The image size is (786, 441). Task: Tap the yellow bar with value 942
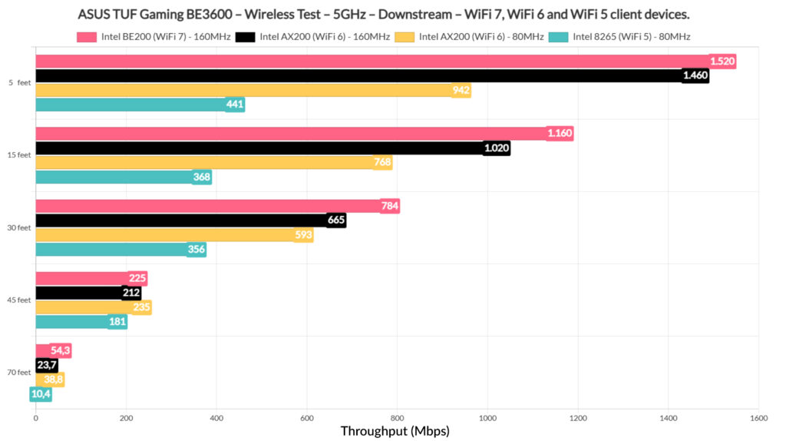[x=246, y=91]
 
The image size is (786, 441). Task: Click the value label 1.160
[x=560, y=134]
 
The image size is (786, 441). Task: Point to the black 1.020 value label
[x=497, y=148]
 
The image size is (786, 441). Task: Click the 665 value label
[x=336, y=220]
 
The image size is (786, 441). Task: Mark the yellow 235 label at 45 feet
[x=142, y=307]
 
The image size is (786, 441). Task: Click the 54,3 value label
[x=61, y=350]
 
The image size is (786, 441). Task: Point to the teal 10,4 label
[x=41, y=394]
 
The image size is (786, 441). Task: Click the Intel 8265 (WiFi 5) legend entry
[x=626, y=36]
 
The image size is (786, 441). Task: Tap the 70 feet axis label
[x=18, y=373]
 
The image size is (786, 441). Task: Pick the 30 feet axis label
[x=18, y=227]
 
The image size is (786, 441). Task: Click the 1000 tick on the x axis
[x=487, y=417]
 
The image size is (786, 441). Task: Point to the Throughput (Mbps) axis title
[x=395, y=431]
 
